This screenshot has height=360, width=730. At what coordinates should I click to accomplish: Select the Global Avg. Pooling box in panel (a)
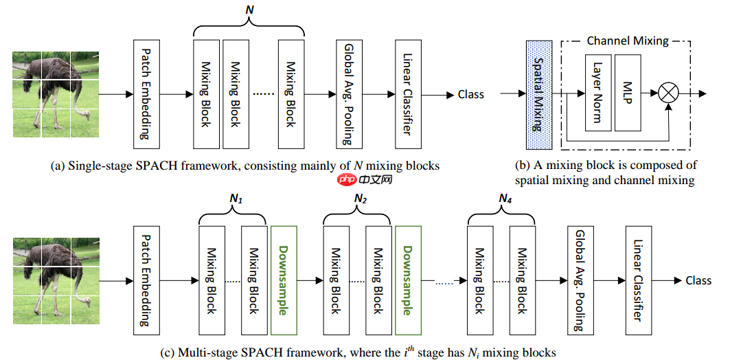point(348,94)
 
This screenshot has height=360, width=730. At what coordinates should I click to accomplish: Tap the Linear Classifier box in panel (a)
point(407,94)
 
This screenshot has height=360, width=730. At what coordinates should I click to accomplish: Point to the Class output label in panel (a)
point(470,95)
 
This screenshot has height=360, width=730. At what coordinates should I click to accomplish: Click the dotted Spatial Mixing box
point(539,95)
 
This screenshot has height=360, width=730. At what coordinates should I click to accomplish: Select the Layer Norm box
point(598,95)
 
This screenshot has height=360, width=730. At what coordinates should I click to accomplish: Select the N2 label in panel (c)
point(361,199)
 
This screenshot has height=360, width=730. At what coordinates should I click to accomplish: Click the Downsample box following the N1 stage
point(283,280)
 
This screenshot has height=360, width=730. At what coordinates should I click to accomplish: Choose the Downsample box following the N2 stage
point(407,280)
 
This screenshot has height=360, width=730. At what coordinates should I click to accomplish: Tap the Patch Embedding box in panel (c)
point(145,280)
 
